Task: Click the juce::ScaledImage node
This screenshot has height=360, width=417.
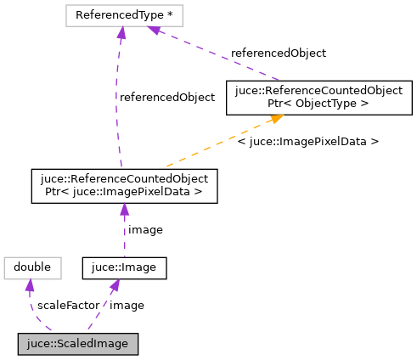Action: (77, 344)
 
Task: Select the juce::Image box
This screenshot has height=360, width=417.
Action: (124, 267)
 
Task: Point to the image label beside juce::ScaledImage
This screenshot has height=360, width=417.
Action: (127, 305)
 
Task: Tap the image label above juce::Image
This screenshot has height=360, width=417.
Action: (145, 229)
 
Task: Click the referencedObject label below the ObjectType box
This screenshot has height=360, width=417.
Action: (167, 97)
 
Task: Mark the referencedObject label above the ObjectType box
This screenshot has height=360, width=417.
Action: (279, 53)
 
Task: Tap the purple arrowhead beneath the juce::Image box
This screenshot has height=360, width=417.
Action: (115, 287)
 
